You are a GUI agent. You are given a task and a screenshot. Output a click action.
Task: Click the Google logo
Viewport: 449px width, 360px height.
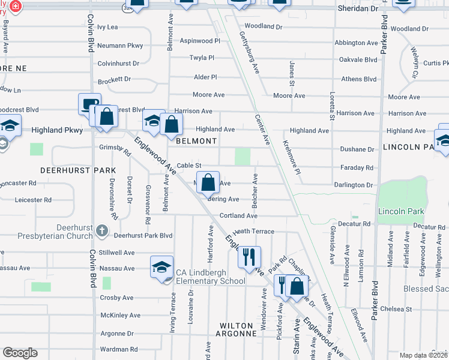click(x=20, y=353)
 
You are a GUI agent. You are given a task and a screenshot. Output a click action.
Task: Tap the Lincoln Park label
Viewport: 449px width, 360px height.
click(x=401, y=212)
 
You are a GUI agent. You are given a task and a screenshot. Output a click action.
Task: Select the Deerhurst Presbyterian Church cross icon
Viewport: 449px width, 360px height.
click(x=102, y=230)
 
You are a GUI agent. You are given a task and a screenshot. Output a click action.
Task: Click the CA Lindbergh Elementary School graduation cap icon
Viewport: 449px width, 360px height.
click(x=161, y=267)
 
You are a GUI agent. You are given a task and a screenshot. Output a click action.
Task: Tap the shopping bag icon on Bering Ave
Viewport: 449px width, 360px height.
click(x=208, y=182)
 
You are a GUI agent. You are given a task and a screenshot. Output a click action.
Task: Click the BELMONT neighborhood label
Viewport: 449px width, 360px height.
click(x=196, y=141)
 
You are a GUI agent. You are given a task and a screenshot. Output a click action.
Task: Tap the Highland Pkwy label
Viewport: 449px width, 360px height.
click(x=56, y=130)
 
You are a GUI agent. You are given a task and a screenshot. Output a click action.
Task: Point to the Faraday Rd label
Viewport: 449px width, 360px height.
click(x=361, y=168)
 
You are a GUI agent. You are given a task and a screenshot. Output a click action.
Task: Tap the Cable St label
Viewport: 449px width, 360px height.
click(x=188, y=166)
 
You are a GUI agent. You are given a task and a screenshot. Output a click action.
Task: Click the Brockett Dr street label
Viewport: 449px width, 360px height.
click(x=114, y=79)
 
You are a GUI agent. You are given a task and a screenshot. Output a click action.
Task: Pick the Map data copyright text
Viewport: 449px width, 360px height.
click(x=423, y=355)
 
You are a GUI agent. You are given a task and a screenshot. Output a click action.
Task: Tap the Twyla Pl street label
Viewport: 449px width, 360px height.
click(x=202, y=58)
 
